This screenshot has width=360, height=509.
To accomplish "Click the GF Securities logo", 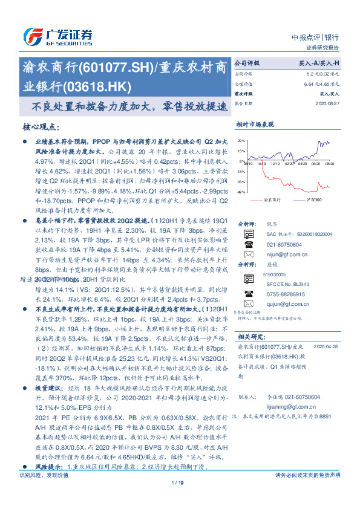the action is coord(57,36).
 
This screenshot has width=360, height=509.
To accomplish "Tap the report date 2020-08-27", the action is coord(329,103).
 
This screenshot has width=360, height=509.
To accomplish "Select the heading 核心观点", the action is coord(40,127).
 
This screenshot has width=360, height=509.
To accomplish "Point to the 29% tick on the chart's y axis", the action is coord(241,140).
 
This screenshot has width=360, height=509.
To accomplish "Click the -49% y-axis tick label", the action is coord(241,192).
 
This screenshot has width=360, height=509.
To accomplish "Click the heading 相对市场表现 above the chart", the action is coord(255,124).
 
